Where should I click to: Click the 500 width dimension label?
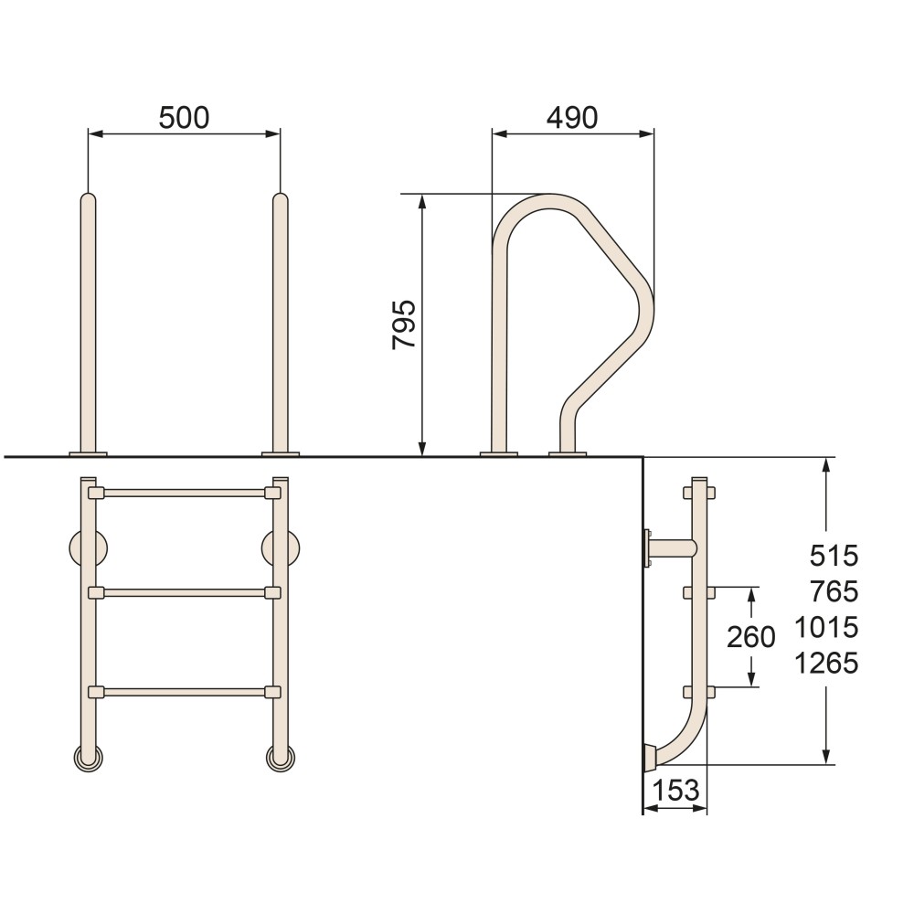pyautogui.click(x=184, y=118)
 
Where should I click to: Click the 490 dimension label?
pyautogui.click(x=572, y=118)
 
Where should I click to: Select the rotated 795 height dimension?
pyautogui.click(x=404, y=324)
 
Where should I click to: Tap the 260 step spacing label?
pyautogui.click(x=750, y=636)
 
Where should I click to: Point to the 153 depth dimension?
pyautogui.click(x=675, y=791)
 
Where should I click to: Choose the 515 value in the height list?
pyautogui.click(x=834, y=556)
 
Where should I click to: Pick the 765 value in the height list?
pyautogui.click(x=834, y=591)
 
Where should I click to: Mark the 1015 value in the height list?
pyautogui.click(x=826, y=628)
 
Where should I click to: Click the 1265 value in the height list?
pyautogui.click(x=826, y=664)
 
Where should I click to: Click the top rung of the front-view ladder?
pyautogui.click(x=185, y=494)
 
